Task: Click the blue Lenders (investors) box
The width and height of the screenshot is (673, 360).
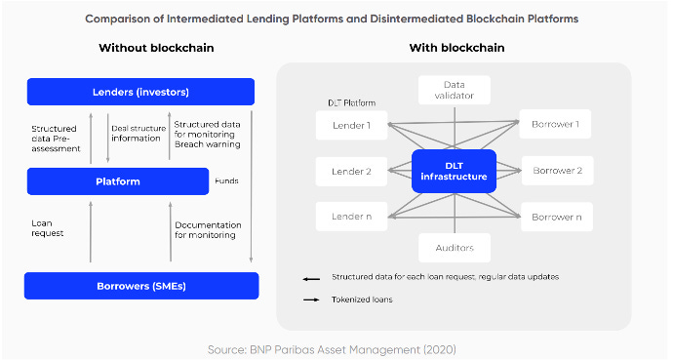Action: (x=140, y=92)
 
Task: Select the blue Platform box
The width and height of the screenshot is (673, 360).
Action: (x=119, y=181)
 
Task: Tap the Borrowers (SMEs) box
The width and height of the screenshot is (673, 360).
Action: (x=141, y=286)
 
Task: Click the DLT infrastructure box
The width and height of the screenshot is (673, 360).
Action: (x=454, y=171)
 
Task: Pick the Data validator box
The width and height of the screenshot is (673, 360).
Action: (x=454, y=90)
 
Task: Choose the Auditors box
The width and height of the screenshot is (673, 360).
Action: (x=454, y=248)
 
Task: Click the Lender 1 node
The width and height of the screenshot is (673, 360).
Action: (x=350, y=125)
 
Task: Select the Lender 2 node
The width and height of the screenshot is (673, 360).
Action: (x=350, y=171)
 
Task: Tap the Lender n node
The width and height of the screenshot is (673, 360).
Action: (x=350, y=216)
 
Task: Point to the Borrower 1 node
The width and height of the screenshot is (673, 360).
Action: (x=557, y=125)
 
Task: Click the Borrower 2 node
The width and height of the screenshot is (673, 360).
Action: (x=557, y=171)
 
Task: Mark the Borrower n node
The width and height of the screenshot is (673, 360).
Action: (x=557, y=216)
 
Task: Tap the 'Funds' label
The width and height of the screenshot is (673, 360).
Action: (x=226, y=180)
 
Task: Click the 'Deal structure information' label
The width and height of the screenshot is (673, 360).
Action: (x=136, y=133)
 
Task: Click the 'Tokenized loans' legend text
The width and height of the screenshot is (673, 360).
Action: (x=362, y=300)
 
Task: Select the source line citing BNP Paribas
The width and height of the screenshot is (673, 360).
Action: (x=332, y=348)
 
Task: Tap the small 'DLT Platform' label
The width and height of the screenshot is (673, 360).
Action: (x=352, y=101)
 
